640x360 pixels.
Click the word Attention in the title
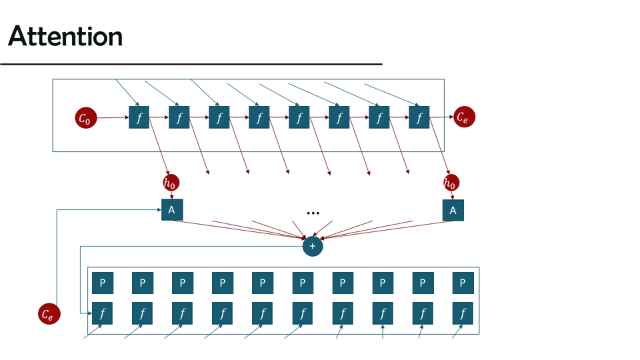[x=65, y=36]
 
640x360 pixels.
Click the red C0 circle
[x=86, y=119]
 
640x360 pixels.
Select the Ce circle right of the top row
[x=464, y=117]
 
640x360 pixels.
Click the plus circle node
[x=312, y=246]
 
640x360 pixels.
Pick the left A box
[x=172, y=210]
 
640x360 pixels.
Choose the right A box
[x=453, y=210]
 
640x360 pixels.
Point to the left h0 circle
[x=171, y=183]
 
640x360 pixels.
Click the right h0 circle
[x=452, y=183]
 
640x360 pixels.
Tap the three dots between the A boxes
[x=313, y=213]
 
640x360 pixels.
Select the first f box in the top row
[x=139, y=119]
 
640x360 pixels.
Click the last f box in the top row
[x=419, y=119]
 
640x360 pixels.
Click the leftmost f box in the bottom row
[x=103, y=312]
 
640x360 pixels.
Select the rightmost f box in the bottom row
[x=462, y=312]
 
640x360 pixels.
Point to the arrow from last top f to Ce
[x=441, y=118]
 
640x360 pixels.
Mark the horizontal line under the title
[x=191, y=64]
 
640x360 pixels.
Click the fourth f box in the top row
[x=259, y=119]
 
